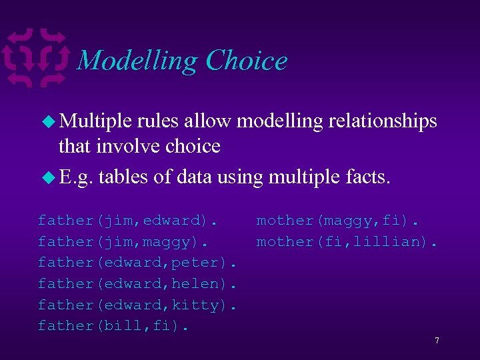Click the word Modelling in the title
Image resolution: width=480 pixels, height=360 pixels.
pyautogui.click(x=138, y=61)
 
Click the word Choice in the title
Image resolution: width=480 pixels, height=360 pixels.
pyautogui.click(x=247, y=61)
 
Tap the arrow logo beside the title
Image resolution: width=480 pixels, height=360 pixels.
pyautogui.click(x=39, y=58)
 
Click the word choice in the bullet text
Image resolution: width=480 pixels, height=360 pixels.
pyautogui.click(x=188, y=145)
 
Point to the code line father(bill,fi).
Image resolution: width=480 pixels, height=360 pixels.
pyautogui.click(x=113, y=326)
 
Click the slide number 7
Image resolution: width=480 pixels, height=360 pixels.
pyautogui.click(x=437, y=341)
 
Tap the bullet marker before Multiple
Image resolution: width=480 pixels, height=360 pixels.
pyautogui.click(x=49, y=121)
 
